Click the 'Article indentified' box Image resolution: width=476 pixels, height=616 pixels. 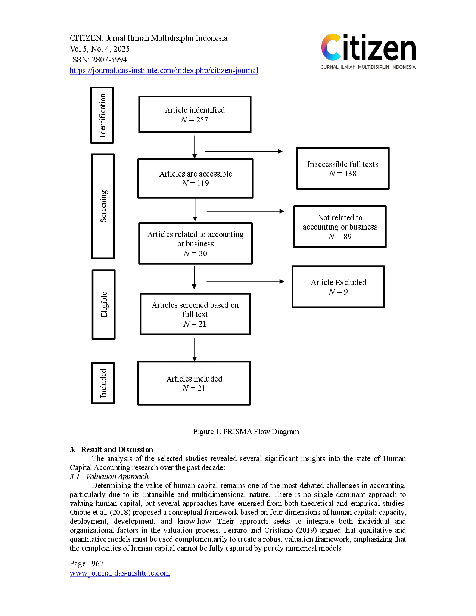[195, 114]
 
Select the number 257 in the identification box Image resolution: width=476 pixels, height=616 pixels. [202, 120]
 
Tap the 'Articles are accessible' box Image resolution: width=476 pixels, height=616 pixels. [195, 178]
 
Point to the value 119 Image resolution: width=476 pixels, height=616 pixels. [203, 183]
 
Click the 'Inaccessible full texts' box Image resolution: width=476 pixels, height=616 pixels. [342, 168]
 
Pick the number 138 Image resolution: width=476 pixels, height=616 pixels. [350, 174]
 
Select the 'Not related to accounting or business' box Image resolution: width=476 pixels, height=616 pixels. [340, 227]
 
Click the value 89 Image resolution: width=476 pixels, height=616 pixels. [347, 237]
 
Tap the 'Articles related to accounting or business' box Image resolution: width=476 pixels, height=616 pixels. [195, 243]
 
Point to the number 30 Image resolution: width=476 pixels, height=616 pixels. [203, 253]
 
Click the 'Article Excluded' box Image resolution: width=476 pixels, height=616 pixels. [338, 287]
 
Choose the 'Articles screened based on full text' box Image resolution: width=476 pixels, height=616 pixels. [195, 314]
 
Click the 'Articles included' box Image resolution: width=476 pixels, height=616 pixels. [194, 383]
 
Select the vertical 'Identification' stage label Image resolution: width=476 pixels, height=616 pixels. [103, 116]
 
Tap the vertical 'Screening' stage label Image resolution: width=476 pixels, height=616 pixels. [103, 206]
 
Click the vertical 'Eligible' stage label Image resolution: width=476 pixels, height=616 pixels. [104, 305]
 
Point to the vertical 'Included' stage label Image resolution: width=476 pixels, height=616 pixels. [103, 383]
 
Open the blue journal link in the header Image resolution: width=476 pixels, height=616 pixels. [164, 70]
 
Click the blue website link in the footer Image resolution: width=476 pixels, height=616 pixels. [119, 573]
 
